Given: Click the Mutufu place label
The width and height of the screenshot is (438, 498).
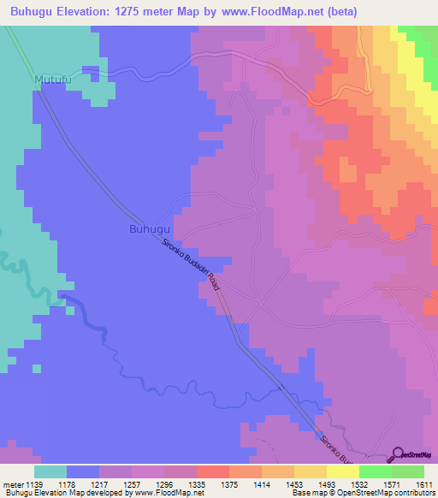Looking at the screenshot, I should tap(50, 80).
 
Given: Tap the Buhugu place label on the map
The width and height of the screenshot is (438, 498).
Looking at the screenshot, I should tap(150, 229).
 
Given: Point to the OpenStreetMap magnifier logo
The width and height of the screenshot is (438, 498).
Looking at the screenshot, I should tap(399, 454).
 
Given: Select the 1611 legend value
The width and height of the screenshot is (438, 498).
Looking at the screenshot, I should tap(423, 484).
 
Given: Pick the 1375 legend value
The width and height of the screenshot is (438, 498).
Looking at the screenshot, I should tap(229, 484).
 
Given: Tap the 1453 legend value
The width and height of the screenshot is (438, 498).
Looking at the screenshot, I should tap(294, 484).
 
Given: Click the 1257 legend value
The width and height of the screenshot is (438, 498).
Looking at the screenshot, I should tap(133, 484).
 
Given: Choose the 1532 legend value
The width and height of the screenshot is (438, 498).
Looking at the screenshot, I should tap(359, 484).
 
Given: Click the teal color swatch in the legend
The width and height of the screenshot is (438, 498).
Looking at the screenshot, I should tap(50, 471).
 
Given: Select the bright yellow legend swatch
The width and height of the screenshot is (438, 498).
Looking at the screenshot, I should tap(343, 471).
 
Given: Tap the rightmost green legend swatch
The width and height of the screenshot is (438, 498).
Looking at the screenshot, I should tap(408, 471).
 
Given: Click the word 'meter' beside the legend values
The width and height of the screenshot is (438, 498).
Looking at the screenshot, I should tap(13, 484).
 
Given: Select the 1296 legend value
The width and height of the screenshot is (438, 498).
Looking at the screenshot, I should tap(165, 484).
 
